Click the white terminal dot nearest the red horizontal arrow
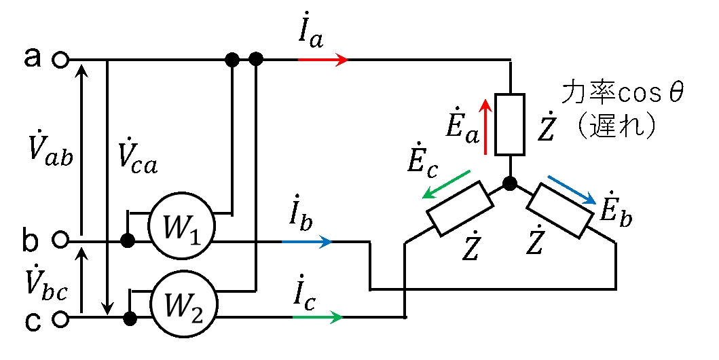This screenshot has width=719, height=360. click(x=60, y=60)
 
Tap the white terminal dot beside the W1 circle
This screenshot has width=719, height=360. click(x=60, y=239)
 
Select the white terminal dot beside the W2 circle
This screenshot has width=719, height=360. click(x=60, y=319)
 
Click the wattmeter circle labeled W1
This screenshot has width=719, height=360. click(x=181, y=226)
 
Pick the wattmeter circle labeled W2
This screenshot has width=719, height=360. click(x=183, y=304)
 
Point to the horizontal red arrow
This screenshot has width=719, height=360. click(x=322, y=60)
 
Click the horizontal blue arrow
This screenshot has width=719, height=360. click(x=307, y=241)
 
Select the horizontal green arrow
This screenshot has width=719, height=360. click(x=318, y=317)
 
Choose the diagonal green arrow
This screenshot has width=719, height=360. click(x=446, y=184)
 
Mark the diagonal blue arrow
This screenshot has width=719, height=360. click(x=572, y=190)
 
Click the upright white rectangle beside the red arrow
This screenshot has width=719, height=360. click(x=510, y=124)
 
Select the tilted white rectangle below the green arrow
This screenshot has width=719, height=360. click(x=460, y=209)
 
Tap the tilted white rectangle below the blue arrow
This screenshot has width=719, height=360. click(x=560, y=211)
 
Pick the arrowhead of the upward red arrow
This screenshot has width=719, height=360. click(x=485, y=104)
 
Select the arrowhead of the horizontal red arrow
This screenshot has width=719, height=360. click(x=343, y=60)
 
